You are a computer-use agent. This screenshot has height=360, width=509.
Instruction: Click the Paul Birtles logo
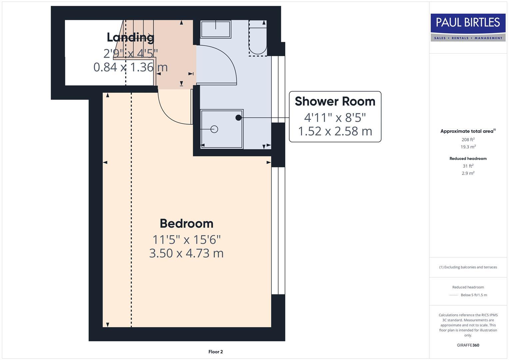[468, 27]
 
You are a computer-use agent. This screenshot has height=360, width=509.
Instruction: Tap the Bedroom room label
[186, 223]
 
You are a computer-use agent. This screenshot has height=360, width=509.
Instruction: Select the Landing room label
[130, 37]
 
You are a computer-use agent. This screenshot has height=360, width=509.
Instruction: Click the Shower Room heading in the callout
[335, 101]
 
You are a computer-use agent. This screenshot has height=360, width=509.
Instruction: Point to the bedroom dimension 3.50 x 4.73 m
[186, 253]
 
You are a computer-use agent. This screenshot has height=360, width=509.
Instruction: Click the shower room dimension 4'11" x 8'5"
[335, 117]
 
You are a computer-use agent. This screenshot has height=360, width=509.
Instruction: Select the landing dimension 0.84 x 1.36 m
[130, 67]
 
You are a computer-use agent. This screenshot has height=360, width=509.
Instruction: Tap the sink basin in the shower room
[216, 29]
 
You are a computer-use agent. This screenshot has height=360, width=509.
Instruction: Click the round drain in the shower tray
[214, 129]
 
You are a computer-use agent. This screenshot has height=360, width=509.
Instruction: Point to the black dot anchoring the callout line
[238, 118]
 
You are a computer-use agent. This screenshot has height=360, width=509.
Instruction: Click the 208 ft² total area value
[468, 140]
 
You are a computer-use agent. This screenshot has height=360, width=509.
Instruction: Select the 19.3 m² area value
[468, 147]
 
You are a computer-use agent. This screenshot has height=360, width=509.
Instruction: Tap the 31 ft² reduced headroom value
[468, 166]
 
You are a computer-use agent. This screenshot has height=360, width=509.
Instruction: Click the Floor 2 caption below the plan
[215, 352]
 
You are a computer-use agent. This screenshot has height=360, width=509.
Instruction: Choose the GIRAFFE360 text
[468, 345]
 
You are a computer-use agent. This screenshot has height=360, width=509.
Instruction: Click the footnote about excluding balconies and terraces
[468, 267]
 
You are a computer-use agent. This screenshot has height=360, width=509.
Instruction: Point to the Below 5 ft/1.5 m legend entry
[473, 295]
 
